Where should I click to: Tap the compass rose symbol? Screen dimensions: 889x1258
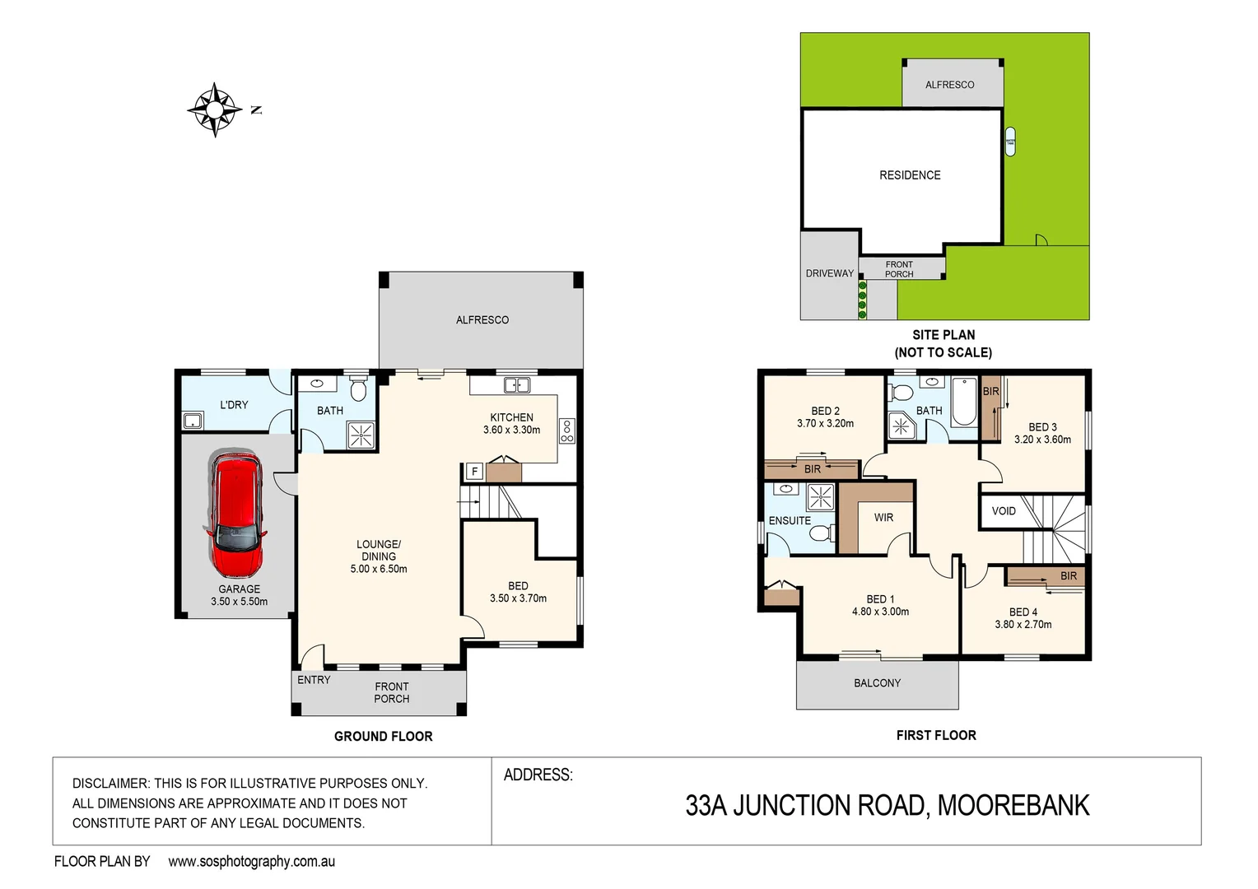click(x=215, y=109)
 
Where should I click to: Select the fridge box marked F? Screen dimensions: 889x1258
click(x=474, y=472)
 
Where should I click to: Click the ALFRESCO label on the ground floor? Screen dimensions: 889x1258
click(x=482, y=320)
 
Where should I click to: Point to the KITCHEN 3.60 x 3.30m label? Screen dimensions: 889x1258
click(x=511, y=424)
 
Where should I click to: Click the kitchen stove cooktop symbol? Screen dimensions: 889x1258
click(x=566, y=431)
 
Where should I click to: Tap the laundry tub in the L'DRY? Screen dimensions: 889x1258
click(x=193, y=421)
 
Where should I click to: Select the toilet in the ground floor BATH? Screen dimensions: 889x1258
click(x=358, y=388)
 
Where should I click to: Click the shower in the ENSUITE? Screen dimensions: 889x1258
click(x=821, y=497)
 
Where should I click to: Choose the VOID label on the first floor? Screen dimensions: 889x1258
click(x=1004, y=511)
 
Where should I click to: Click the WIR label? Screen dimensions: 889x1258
click(x=883, y=518)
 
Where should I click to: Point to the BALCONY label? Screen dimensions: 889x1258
click(x=877, y=683)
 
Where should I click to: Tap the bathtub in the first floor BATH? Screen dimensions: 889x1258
click(x=963, y=401)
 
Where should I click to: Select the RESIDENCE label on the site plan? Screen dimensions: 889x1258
click(x=910, y=175)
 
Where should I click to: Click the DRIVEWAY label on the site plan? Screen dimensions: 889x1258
click(x=829, y=273)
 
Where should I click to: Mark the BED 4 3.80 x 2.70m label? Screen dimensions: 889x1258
click(x=1023, y=618)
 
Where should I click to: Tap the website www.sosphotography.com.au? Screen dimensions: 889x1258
click(x=251, y=862)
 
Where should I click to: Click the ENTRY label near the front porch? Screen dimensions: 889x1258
click(x=314, y=680)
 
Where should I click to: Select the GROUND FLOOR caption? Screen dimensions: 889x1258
click(x=383, y=737)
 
